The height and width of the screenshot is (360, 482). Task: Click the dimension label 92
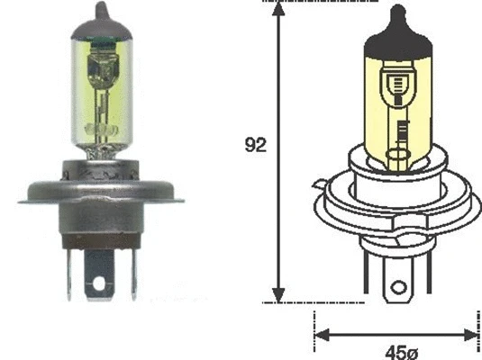256,145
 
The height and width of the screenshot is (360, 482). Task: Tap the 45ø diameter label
394,349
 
